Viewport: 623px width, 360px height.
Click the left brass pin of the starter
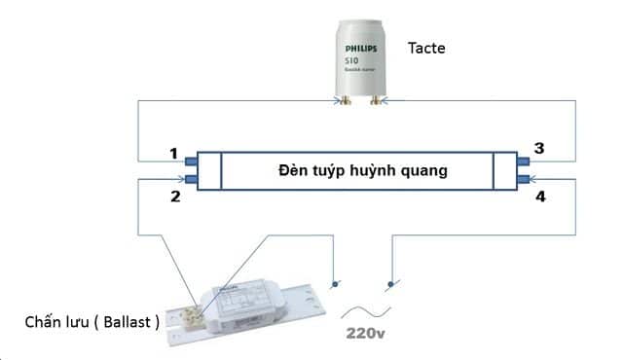[x=346, y=100]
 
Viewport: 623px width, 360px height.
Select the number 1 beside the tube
[x=173, y=154]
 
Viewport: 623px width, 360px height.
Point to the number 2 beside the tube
[x=176, y=196]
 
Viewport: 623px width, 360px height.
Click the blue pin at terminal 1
[x=191, y=162]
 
